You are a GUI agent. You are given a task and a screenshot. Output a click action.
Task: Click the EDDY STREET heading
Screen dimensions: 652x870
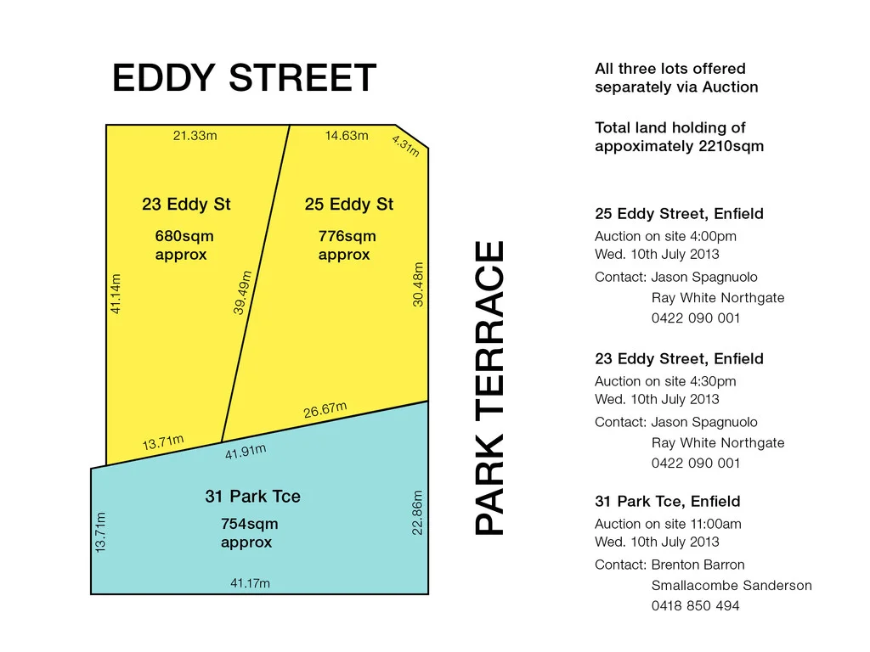coord(244,79)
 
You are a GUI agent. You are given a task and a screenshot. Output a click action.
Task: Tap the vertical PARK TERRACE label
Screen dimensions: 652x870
coord(489,388)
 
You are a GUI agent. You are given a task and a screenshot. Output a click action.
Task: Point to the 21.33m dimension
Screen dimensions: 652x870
coord(195,136)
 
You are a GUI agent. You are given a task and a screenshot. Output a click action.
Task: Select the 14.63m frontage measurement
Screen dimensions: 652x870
coord(347,136)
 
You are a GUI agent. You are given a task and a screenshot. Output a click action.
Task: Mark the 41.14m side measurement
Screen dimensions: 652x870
coord(116,293)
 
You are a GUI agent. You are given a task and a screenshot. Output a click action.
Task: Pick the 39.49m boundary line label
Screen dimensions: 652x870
coord(243,292)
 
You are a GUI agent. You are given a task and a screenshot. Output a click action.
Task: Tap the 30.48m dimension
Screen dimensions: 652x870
coord(418,284)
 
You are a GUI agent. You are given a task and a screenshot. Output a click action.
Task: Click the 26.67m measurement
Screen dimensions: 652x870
coord(325,410)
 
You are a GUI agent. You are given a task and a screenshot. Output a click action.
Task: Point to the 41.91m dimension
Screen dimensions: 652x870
coord(246,452)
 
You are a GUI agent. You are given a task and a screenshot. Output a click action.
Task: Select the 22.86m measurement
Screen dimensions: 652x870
coord(417,512)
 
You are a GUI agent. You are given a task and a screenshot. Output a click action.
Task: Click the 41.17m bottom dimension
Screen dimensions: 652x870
coord(250,583)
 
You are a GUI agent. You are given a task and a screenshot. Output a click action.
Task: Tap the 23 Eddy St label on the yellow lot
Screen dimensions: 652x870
coord(186,205)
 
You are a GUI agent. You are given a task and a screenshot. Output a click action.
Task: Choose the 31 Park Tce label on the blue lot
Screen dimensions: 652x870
coord(252,497)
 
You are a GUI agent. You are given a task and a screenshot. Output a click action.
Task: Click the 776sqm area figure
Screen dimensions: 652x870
coord(347,236)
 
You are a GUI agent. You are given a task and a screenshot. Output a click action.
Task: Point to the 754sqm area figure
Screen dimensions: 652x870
coord(249,524)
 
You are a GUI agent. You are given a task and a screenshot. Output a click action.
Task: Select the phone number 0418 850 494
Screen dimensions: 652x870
coord(696,606)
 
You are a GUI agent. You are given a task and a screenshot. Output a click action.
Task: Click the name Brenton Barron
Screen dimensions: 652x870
coord(698,565)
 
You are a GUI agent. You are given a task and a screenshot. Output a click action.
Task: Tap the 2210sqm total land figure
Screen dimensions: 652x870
coord(732,146)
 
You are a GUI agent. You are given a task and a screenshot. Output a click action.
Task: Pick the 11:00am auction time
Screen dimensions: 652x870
coord(715,524)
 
